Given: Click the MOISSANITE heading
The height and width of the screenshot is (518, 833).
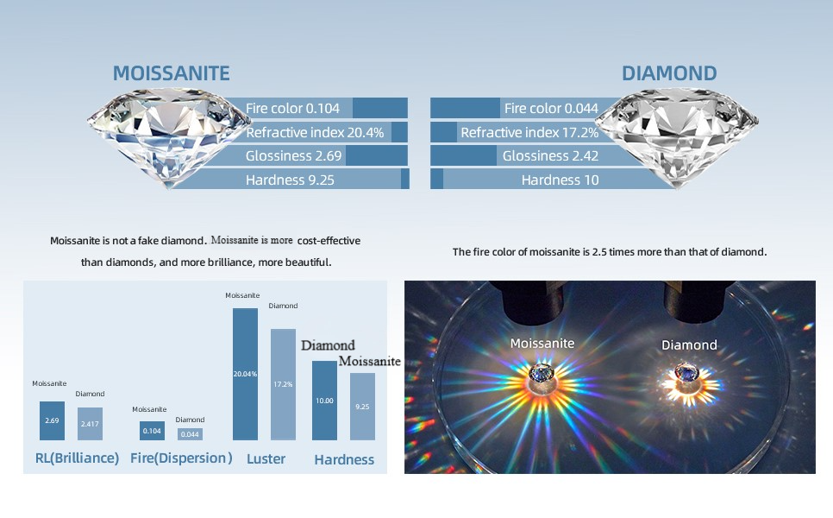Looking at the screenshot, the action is point(171,73).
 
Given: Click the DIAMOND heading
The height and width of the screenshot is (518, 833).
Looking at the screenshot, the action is point(669,73).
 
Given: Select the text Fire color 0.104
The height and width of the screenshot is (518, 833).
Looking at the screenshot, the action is point(292,109).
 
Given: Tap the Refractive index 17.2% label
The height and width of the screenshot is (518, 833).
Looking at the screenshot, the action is point(529,132).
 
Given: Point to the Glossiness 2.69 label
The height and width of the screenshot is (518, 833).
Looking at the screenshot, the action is point(293,155).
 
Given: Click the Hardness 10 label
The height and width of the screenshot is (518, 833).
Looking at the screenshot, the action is point(560,180).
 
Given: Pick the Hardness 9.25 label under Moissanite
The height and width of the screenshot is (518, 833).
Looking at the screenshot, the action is point(290,180).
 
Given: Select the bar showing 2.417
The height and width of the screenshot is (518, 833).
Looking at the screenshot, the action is point(90,424).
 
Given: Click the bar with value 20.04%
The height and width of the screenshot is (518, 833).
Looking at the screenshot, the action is point(245,375).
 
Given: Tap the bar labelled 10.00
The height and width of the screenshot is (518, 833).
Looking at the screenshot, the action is point(324,401).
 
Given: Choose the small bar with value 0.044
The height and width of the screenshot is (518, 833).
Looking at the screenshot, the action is point(190,434).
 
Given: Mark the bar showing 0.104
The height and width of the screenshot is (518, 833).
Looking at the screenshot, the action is point(152,431).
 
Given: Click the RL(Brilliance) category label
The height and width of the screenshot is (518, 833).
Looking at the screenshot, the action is point(77,458).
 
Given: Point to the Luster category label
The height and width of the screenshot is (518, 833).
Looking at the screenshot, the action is point(266,458).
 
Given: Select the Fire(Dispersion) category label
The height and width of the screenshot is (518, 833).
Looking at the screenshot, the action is point(181,458).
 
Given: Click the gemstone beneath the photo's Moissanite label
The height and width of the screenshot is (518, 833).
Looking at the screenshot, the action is point(542,373).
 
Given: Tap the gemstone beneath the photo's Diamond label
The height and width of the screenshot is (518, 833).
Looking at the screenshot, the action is point(686,372).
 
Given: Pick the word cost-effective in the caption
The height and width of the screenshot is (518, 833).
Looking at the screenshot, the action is point(329,241).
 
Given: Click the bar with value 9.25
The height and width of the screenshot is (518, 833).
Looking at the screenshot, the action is point(362,407).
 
